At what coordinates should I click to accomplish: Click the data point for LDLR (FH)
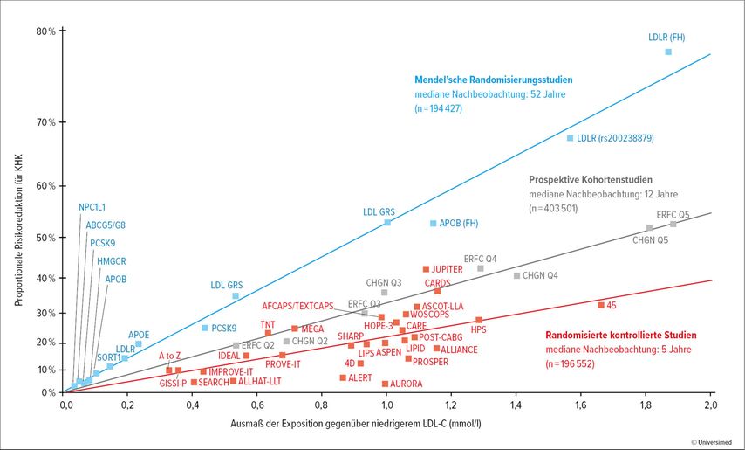[x=668, y=52]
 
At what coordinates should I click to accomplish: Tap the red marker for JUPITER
[x=426, y=269]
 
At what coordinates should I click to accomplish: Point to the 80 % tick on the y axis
[x=45, y=31]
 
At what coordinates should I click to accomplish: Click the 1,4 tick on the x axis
[x=516, y=405]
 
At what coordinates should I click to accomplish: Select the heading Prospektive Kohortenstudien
[x=590, y=178]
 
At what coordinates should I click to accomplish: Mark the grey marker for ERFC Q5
[x=673, y=225]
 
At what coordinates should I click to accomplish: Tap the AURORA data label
[x=407, y=384]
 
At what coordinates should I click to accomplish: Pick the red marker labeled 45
[x=601, y=305]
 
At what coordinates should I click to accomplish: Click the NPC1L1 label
[x=92, y=207]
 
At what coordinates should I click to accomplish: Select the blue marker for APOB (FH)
[x=433, y=224]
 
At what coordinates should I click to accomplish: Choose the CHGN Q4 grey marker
[x=516, y=276]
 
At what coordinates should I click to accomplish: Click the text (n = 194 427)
[x=438, y=108]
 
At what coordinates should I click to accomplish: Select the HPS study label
[x=478, y=329]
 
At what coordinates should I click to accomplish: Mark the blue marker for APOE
[x=138, y=344]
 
